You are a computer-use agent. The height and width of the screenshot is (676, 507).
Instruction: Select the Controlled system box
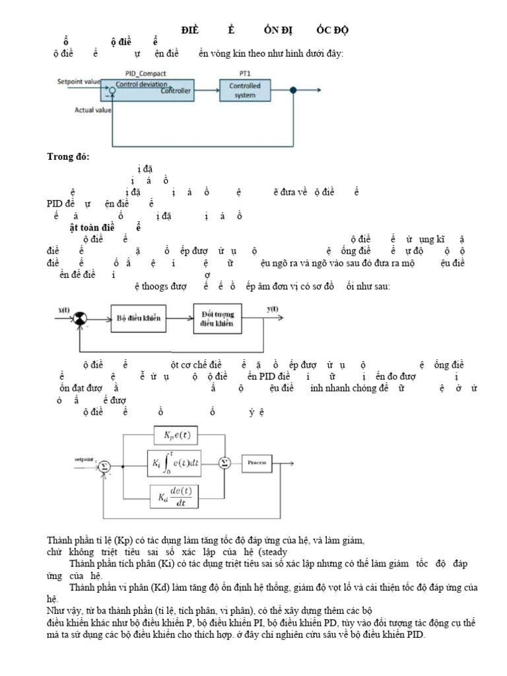(x=245, y=90)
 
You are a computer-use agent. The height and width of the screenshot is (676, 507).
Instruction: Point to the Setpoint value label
(x=79, y=82)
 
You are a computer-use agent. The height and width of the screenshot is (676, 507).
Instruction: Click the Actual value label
(x=92, y=110)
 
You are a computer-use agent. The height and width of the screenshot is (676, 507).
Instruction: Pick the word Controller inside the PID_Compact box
(x=176, y=91)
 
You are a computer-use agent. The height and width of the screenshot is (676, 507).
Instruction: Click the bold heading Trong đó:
(x=68, y=156)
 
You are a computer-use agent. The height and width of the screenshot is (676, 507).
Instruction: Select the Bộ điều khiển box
(x=139, y=318)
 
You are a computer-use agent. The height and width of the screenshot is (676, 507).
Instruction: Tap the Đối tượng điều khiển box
(x=218, y=318)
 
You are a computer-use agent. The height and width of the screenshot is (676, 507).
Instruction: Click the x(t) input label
(x=65, y=310)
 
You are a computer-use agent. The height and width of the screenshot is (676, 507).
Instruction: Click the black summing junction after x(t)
(x=80, y=318)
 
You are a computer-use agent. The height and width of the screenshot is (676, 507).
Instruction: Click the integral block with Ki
(x=180, y=463)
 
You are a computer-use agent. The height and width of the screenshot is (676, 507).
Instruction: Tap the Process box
(x=256, y=463)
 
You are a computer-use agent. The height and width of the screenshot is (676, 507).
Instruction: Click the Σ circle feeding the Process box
(x=224, y=463)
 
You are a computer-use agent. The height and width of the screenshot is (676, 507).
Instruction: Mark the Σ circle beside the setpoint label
(x=104, y=465)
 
